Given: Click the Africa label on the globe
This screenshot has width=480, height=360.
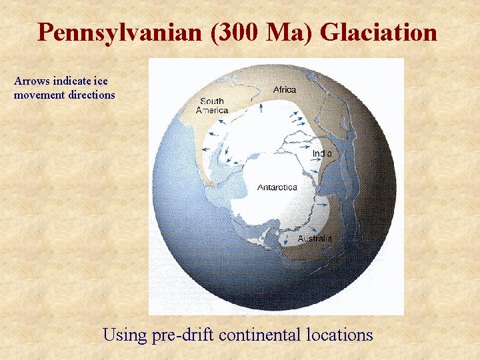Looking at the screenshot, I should click(x=285, y=89).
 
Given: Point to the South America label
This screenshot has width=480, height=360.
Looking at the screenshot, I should click(x=212, y=106).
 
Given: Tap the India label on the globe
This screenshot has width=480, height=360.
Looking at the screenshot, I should click(x=322, y=153).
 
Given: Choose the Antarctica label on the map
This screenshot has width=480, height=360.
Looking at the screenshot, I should click(x=277, y=187).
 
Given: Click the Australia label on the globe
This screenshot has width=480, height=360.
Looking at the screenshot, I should click(x=315, y=238).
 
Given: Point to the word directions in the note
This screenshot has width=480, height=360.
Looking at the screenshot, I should click(x=91, y=95).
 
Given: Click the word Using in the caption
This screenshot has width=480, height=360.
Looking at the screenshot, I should click(x=123, y=334).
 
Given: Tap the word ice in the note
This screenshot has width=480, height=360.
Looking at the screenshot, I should click(x=101, y=81).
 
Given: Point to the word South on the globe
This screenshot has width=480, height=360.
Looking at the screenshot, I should click(x=211, y=101).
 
